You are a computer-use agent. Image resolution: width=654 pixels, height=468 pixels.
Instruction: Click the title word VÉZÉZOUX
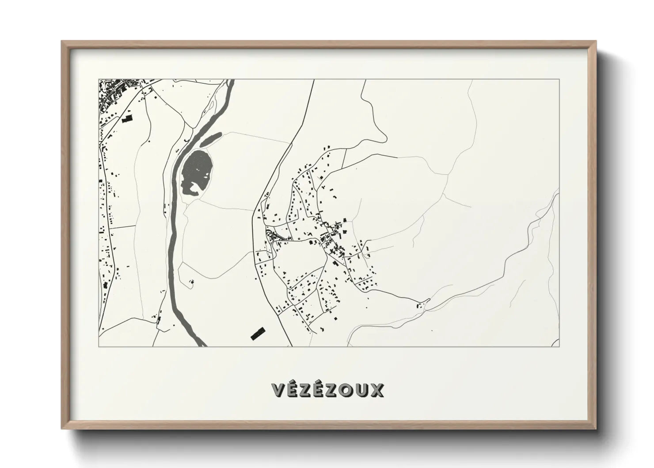click(x=327, y=390)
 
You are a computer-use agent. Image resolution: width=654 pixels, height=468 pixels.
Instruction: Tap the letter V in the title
click(x=278, y=390)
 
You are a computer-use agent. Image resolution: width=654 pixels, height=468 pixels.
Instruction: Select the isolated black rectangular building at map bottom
click(x=257, y=333)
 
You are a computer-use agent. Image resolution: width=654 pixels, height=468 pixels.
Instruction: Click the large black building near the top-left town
click(x=127, y=119)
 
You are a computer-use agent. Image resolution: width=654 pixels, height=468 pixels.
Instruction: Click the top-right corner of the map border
click(x=559, y=80)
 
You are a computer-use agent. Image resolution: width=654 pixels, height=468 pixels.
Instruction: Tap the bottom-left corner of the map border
click(x=99, y=346)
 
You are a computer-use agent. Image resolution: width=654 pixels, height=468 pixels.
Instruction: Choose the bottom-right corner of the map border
click(x=559, y=346)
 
